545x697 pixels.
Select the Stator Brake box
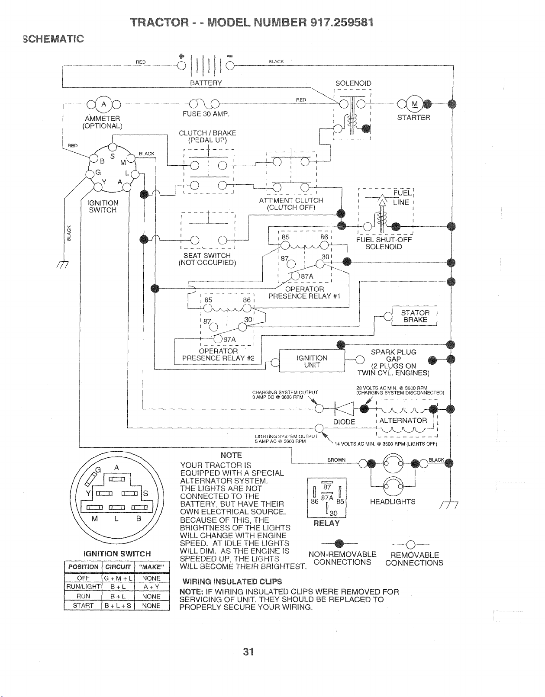coord(414,316)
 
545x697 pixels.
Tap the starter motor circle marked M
coord(415,103)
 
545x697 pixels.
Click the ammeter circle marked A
coord(103,104)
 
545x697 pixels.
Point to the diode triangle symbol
coord(344,409)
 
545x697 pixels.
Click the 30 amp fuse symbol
coord(204,103)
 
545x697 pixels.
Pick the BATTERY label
coord(206,83)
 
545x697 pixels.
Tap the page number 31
coord(248,652)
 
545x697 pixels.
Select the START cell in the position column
coord(83,605)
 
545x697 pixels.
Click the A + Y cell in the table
coord(152,587)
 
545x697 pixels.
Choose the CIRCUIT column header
coord(118,567)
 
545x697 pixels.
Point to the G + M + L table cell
coord(118,578)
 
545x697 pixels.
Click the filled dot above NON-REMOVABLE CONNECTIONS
coord(339,543)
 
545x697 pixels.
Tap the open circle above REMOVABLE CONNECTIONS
coord(411,544)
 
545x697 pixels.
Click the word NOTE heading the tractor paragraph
coord(231,455)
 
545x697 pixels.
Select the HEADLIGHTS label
coord(393,502)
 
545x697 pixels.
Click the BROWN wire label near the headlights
coord(336,460)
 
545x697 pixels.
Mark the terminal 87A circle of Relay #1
coord(295,276)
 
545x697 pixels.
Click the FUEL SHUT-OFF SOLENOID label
coord(384,243)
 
